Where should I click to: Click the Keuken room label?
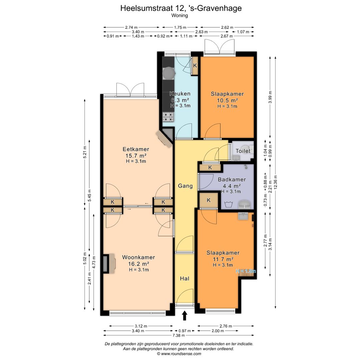pyautogui.click(x=180, y=94)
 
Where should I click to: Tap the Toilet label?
pyautogui.click(x=243, y=151)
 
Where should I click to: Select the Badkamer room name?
pyautogui.click(x=232, y=180)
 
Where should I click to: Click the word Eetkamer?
pyautogui.click(x=136, y=149)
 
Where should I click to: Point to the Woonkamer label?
pyautogui.click(x=138, y=257)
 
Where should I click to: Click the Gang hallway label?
pyautogui.click(x=185, y=186)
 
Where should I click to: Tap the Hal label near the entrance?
pyautogui.click(x=185, y=278)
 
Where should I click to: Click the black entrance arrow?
pyautogui.click(x=185, y=315)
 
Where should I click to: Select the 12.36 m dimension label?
pyautogui.click(x=276, y=182)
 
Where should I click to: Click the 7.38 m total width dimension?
pyautogui.click(x=179, y=335)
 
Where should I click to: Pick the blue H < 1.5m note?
pyautogui.click(x=246, y=271)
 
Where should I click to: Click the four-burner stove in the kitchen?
pyautogui.click(x=168, y=117)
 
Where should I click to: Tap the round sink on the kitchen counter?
pyautogui.click(x=169, y=73)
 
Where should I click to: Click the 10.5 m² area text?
pyautogui.click(x=227, y=100)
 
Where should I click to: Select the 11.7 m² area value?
pyautogui.click(x=223, y=259)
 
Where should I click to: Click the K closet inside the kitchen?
pyautogui.click(x=195, y=66)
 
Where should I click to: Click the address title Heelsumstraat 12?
pyautogui.click(x=152, y=8)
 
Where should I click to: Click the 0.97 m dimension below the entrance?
pyautogui.click(x=185, y=331)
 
